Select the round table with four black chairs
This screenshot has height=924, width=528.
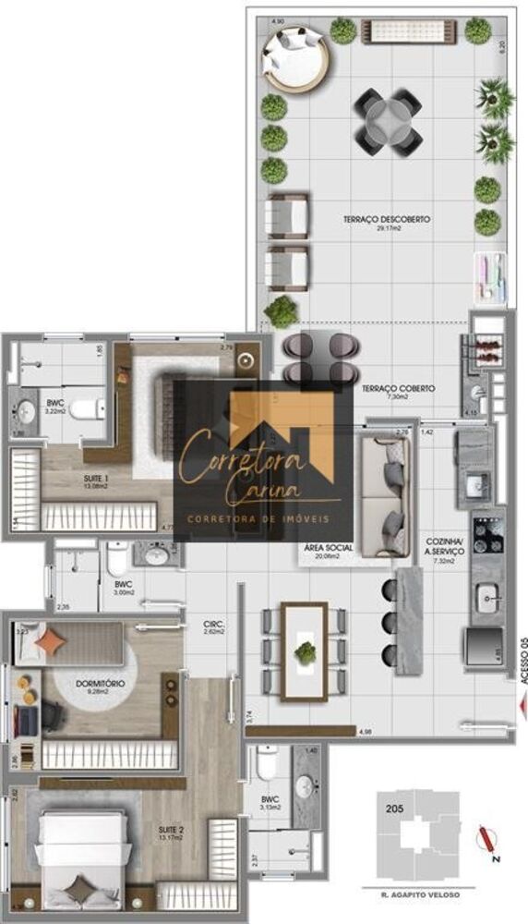(389, 120)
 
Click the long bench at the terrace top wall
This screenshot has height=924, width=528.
(411, 32)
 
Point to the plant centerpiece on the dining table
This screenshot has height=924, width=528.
(305, 652)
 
